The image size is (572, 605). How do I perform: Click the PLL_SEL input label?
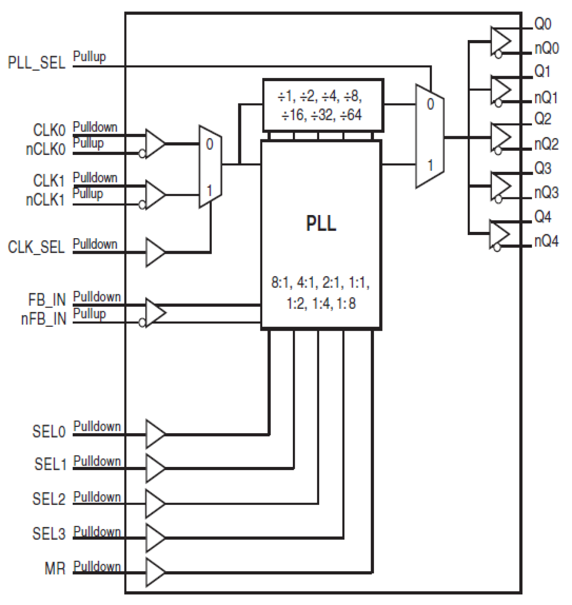pyautogui.click(x=36, y=63)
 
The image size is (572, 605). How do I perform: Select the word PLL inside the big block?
pyautogui.click(x=321, y=223)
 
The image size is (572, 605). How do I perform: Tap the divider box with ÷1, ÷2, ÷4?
pyautogui.click(x=323, y=106)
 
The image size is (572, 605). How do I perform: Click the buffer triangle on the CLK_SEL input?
pyautogui.click(x=155, y=252)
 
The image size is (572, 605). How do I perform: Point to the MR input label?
pyautogui.click(x=55, y=569)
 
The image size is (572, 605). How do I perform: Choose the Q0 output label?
pyautogui.click(x=542, y=24)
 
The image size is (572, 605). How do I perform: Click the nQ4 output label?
pyautogui.click(x=546, y=241)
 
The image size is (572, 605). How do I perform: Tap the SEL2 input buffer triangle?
pyautogui.click(x=155, y=503)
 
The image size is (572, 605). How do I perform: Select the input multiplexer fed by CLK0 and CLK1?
pyautogui.click(x=210, y=167)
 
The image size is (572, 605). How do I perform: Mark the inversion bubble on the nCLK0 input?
pyautogui.click(x=142, y=154)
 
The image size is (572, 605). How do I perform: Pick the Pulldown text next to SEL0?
pyautogui.click(x=97, y=426)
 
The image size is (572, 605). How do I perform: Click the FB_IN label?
pyautogui.click(x=47, y=300)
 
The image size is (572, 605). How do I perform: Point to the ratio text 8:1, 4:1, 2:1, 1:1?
pyautogui.click(x=321, y=283)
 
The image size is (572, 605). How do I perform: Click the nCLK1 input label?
pyautogui.click(x=46, y=200)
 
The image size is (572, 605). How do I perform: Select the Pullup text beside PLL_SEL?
pyautogui.click(x=89, y=56)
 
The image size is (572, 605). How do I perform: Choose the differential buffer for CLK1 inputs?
pyautogui.click(x=155, y=195)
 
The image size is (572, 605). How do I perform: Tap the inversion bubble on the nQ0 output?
pyautogui.click(x=498, y=55)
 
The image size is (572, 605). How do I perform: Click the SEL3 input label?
pyautogui.click(x=49, y=533)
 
